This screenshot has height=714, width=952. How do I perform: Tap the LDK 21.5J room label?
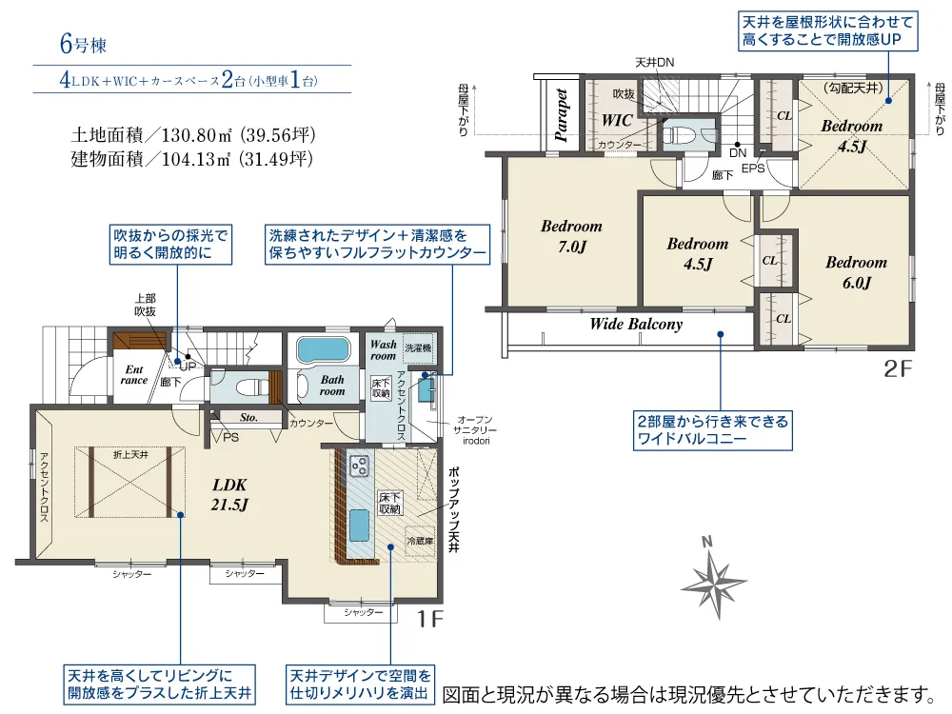(229, 494)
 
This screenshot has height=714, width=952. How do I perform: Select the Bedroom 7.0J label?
(571, 236)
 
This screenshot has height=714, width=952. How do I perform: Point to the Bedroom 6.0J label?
(856, 272)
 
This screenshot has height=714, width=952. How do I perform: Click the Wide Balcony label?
(636, 325)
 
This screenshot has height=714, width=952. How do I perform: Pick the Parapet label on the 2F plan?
(561, 115)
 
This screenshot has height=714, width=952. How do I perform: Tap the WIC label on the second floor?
(617, 120)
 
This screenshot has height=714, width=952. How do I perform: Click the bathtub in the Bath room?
(323, 350)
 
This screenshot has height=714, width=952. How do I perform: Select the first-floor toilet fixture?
(252, 387)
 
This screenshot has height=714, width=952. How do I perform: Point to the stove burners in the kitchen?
(359, 466)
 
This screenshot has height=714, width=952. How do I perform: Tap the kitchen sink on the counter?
(360, 526)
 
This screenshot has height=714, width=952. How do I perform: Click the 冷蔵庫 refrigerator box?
(420, 541)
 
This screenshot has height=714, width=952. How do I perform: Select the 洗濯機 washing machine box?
(418, 347)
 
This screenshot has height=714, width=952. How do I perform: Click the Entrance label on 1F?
(133, 374)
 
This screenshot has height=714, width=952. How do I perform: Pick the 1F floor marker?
(430, 619)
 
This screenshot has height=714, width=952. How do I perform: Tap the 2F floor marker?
(898, 368)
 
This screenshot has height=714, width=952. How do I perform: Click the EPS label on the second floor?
(753, 169)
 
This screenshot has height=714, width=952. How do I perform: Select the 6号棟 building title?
(83, 45)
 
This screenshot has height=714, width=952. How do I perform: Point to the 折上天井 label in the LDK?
(130, 454)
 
